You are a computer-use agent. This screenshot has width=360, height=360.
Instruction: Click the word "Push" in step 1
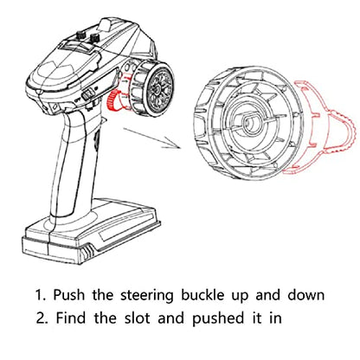69,295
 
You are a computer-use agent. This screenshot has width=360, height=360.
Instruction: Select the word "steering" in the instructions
147,296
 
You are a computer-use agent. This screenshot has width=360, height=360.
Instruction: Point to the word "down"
306,295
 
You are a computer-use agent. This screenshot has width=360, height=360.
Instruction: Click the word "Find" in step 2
71,318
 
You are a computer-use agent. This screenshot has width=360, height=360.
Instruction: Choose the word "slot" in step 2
138,318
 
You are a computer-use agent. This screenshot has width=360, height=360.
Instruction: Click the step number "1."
41,295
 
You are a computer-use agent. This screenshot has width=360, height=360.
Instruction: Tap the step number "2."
42,318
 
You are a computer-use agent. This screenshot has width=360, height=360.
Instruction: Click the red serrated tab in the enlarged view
343,133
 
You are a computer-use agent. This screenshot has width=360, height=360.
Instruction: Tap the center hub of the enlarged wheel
250,123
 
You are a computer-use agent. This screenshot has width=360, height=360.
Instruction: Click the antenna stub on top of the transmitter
107,23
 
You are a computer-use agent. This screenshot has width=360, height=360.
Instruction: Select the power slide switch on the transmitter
88,94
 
